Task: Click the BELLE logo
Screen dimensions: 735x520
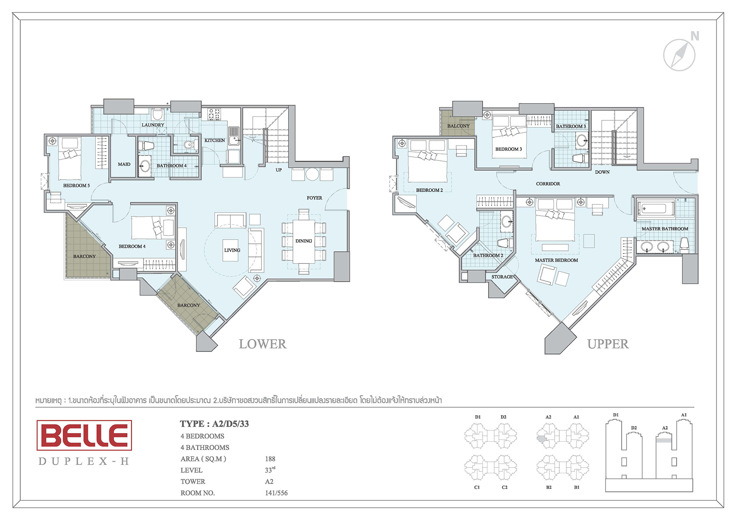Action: click(x=84, y=435)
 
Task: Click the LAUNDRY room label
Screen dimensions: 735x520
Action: click(x=153, y=125)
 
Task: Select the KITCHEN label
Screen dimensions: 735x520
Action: click(x=214, y=141)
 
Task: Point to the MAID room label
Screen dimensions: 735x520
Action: click(x=124, y=164)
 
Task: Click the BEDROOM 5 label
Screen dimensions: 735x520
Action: click(x=77, y=186)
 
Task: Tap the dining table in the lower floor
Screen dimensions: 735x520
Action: click(x=304, y=241)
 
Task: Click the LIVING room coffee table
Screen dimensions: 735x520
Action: click(x=230, y=250)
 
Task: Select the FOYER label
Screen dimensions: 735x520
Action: click(x=314, y=198)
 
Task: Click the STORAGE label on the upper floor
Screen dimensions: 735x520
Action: click(x=502, y=277)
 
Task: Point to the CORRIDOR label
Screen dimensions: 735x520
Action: click(x=548, y=184)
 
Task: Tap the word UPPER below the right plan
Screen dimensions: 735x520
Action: click(x=608, y=344)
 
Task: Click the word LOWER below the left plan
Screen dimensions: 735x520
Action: click(x=263, y=344)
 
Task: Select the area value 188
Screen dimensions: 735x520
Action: click(x=270, y=459)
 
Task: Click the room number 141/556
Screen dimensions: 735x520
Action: click(x=276, y=493)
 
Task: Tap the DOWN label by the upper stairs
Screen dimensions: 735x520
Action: click(x=602, y=172)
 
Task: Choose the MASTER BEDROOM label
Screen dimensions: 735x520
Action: click(x=556, y=260)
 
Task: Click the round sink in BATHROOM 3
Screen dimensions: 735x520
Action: click(x=582, y=141)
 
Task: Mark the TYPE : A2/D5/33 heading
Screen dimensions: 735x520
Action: click(x=214, y=424)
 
